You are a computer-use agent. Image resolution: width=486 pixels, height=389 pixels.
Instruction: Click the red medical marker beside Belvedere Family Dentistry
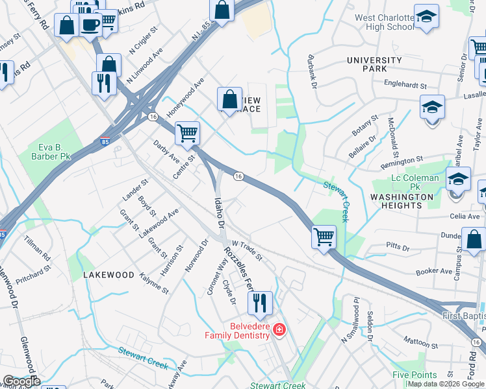click(x=279, y=331)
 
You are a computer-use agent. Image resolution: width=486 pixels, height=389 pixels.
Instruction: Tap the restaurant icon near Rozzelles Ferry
click(x=258, y=301)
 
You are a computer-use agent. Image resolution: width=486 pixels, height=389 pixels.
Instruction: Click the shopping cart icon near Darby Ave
click(x=187, y=133)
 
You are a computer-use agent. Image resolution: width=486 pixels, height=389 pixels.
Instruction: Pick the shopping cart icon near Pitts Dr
click(x=324, y=237)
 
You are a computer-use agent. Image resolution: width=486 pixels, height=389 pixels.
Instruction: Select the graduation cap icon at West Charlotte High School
click(x=426, y=17)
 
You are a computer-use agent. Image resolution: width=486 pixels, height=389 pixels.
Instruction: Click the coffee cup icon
click(x=90, y=25)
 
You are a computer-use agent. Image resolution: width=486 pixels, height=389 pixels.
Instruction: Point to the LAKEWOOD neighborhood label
click(x=109, y=275)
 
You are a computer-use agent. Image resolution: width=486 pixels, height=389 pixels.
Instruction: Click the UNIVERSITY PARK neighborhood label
click(x=374, y=64)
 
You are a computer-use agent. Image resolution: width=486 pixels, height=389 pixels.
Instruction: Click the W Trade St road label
click(x=246, y=249)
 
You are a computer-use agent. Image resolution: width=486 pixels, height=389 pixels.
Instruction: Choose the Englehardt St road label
click(x=405, y=85)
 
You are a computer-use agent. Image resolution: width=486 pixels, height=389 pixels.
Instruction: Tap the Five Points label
click(x=414, y=375)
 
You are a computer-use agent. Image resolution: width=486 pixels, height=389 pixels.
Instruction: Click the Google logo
click(x=21, y=381)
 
